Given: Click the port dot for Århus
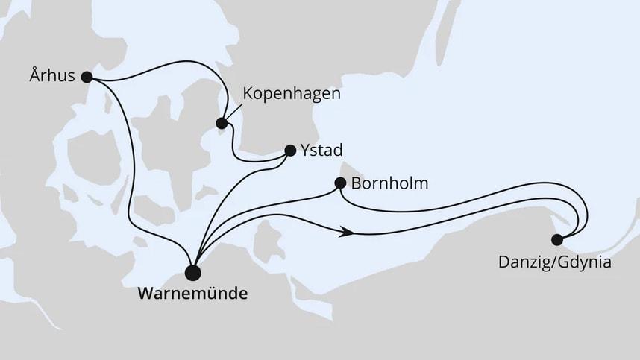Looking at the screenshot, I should (x=87, y=76).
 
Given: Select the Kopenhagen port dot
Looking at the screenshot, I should (x=222, y=123).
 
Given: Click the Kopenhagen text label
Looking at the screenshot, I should (x=292, y=95).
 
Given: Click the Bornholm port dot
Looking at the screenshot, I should (x=340, y=183).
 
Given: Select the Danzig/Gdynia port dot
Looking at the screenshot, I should (x=556, y=239).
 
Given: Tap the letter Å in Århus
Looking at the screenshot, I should (x=31, y=75).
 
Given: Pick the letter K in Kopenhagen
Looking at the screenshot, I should (x=248, y=95).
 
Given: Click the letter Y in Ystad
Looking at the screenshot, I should (x=306, y=150).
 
